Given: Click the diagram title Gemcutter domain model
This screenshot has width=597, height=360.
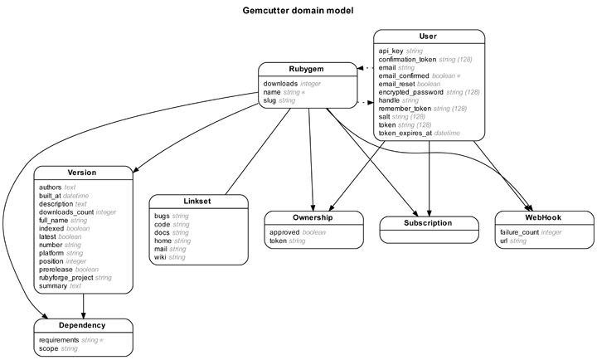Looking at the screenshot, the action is pos(298,11).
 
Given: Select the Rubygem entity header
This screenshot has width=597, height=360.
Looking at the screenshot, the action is pos(306,69).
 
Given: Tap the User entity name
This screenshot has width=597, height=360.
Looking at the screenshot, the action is pos(428,36).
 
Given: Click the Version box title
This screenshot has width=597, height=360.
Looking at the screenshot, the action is pos(82,173).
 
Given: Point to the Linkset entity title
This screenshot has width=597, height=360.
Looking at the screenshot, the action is pos(197,201).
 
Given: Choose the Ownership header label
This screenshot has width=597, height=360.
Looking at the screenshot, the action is pos(313,217).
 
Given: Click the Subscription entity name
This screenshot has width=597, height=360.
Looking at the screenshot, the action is pos(428,223).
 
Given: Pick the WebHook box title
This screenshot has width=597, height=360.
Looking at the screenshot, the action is pos(543,217).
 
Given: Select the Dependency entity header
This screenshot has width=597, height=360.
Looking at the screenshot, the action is pos(82,325).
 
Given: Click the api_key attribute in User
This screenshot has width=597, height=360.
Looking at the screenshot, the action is pos(391,51).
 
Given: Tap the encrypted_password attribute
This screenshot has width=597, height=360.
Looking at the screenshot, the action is pos(410,92).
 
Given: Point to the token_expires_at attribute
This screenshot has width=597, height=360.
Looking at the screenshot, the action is pos(405,134).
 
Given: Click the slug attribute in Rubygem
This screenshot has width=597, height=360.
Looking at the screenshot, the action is pos(269,100).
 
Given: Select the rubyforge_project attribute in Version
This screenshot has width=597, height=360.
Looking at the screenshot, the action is pos(66,278).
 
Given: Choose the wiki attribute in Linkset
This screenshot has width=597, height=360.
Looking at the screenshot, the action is pos(160,257).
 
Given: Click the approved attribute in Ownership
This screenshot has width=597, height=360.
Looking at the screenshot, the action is pos(284,232).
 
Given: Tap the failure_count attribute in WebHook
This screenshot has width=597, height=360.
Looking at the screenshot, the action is pos(519,232).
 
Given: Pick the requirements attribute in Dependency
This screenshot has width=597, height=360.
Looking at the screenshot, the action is pos(59,340).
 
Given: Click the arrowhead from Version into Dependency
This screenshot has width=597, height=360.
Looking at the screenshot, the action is pos(84,315).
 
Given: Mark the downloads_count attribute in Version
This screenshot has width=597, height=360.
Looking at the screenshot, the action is pos(66,212).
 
